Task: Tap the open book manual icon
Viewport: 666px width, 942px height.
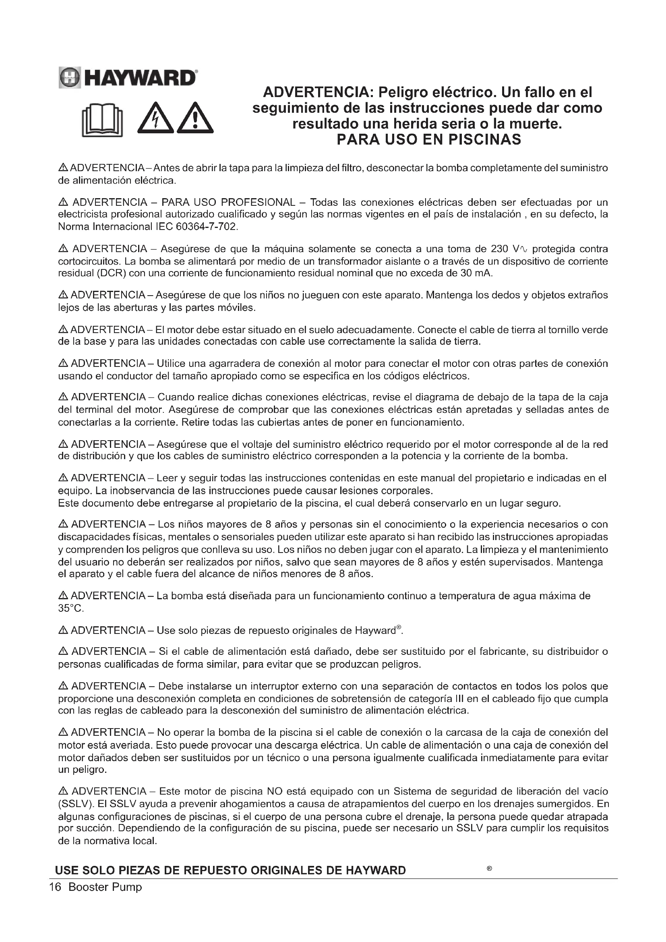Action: click(x=103, y=120)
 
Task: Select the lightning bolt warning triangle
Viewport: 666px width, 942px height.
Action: click(x=155, y=118)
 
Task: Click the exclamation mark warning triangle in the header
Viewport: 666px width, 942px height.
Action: click(x=195, y=118)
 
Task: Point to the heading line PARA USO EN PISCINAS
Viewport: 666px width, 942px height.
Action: click(x=428, y=139)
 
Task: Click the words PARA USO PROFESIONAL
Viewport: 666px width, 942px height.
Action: click(x=228, y=202)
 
